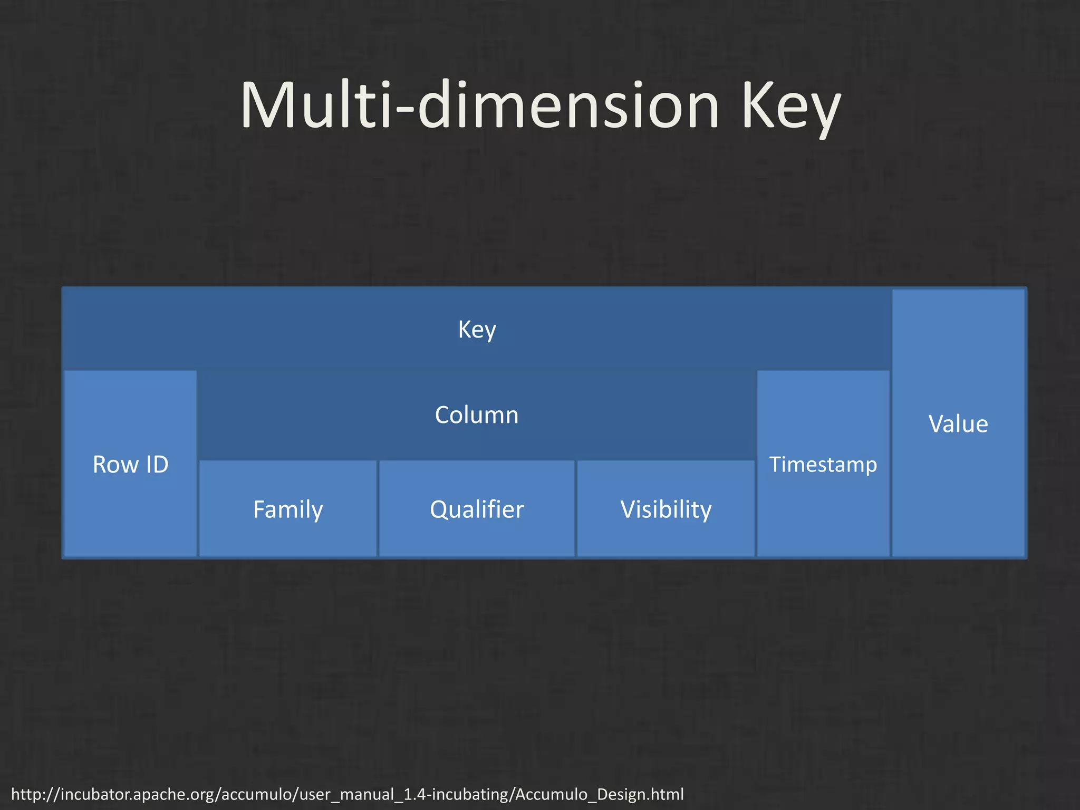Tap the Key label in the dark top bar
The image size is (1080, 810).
tap(477, 330)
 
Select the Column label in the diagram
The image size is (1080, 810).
tap(477, 415)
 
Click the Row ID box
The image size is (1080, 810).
tap(130, 464)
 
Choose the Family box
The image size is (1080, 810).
tap(288, 509)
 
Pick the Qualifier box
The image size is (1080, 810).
tap(477, 509)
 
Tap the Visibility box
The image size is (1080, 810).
tap(666, 509)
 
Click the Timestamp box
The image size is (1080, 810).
tap(823, 464)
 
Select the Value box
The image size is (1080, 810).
tap(958, 423)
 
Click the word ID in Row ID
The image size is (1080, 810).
tap(157, 464)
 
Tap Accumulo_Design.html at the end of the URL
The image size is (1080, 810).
tap(599, 794)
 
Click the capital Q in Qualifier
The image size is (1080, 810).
tap(439, 509)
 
